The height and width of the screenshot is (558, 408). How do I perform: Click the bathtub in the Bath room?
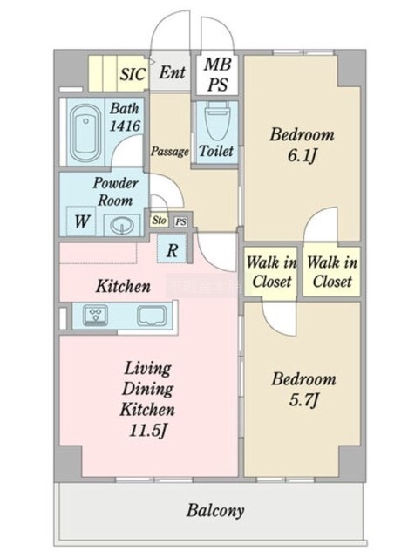85,133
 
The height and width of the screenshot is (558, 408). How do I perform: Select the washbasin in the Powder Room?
122,225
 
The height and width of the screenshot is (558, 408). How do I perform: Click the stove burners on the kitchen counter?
95,315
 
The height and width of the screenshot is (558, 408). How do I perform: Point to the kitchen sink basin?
152,316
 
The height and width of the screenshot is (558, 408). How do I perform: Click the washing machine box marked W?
81,221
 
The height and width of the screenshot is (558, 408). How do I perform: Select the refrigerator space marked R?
172,249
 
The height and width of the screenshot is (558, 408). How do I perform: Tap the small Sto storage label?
159,221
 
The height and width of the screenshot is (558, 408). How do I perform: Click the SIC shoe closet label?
133,74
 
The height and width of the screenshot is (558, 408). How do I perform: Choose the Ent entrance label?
172,72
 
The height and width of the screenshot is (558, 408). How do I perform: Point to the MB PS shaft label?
217,74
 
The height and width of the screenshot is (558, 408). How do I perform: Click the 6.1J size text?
302,156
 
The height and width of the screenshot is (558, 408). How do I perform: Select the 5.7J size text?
303,400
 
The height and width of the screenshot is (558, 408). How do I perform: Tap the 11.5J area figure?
147,431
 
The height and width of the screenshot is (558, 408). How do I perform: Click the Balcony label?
215,510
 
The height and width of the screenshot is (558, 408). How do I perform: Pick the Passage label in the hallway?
170,152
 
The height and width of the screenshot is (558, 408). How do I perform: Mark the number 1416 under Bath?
125,126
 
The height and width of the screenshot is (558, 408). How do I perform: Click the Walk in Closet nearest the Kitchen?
272,272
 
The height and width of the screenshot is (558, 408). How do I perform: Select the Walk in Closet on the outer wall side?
332,272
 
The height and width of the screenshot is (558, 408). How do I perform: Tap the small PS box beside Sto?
181,222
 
